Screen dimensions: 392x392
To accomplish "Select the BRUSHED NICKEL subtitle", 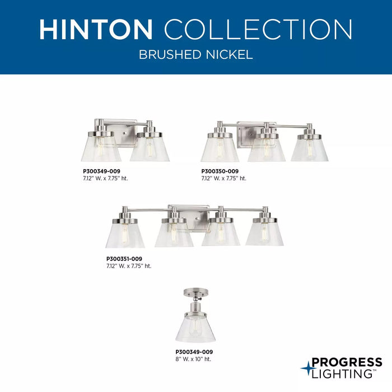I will tap(196, 55).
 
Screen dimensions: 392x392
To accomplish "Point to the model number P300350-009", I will tap(220, 171).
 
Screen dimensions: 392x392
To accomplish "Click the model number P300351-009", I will tap(124, 259).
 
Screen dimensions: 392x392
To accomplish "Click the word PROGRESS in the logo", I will tap(347, 362).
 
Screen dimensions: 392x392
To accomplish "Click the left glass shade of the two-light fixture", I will tap(101, 147).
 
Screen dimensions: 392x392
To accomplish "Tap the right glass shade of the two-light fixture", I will tap(150, 147).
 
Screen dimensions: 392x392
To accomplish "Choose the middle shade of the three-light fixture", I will tap(267, 148).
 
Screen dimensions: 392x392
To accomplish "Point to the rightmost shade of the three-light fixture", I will tap(310, 148).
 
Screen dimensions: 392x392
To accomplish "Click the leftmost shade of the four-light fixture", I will tap(125, 234).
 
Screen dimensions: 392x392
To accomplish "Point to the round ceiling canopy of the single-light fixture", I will tap(195, 292).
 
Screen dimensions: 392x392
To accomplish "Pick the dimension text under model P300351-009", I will tap(129, 266).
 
